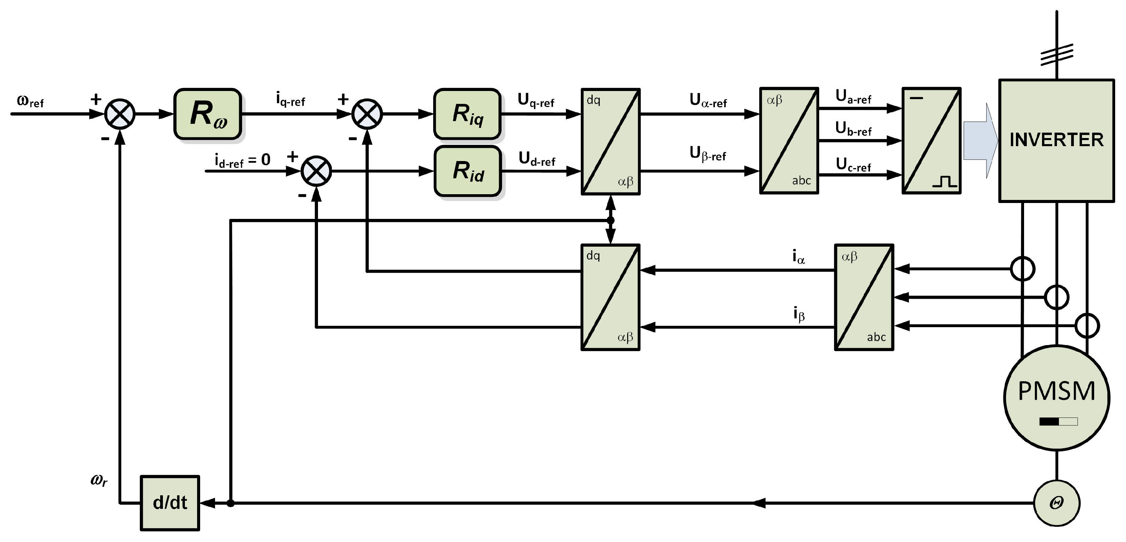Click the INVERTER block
pos(1056,140)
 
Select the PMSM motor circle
pos(1056,398)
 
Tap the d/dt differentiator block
pos(170,503)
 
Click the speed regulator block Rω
pos(208,114)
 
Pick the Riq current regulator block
pos(467,114)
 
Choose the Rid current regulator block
pos(467,171)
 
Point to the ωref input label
pos(30,101)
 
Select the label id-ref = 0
pos(242,160)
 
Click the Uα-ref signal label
pos(708,100)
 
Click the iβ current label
pos(799,314)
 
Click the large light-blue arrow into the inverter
pos(980,141)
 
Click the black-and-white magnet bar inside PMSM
pos(1058,422)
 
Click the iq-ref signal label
pos(290,99)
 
